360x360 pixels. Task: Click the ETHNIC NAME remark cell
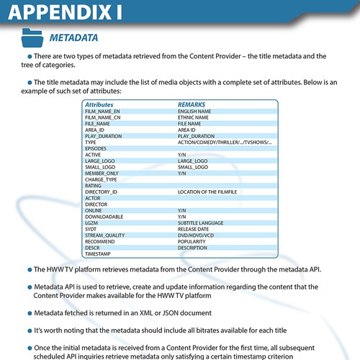click(x=194, y=117)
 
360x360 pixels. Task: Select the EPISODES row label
click(x=97, y=148)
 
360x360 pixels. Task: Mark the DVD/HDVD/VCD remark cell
click(x=197, y=235)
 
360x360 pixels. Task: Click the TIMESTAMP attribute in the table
click(x=99, y=254)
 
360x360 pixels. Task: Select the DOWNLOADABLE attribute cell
click(x=104, y=217)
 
